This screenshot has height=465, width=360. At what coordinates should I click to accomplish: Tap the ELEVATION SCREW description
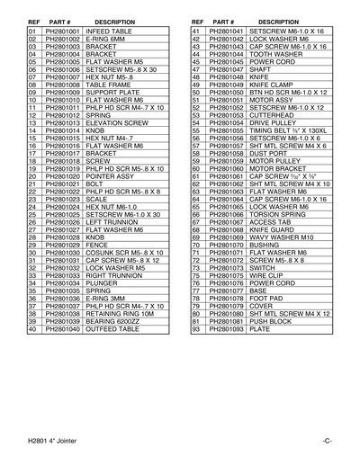pos(116,122)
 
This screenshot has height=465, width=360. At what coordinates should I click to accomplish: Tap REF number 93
pos(195,329)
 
